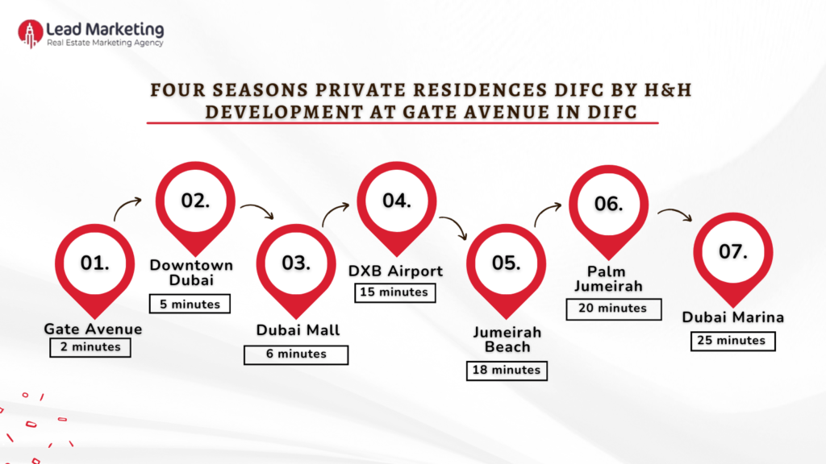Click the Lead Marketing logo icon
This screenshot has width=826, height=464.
pos(31,33)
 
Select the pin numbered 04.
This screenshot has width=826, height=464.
pos(396,201)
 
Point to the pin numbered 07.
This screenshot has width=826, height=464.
pos(732,253)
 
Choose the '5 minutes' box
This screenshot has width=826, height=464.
pos(190,304)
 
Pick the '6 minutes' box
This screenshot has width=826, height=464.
pos(296,354)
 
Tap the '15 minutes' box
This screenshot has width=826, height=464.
pos(395,292)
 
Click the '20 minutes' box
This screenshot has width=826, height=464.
pos(614,308)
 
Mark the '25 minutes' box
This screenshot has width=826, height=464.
pos(732,341)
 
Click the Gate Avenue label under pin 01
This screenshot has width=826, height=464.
pos(93,329)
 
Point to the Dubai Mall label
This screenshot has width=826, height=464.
pos(298,329)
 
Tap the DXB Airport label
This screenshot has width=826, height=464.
pos(395,271)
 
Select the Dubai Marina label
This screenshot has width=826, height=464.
pos(732,317)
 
